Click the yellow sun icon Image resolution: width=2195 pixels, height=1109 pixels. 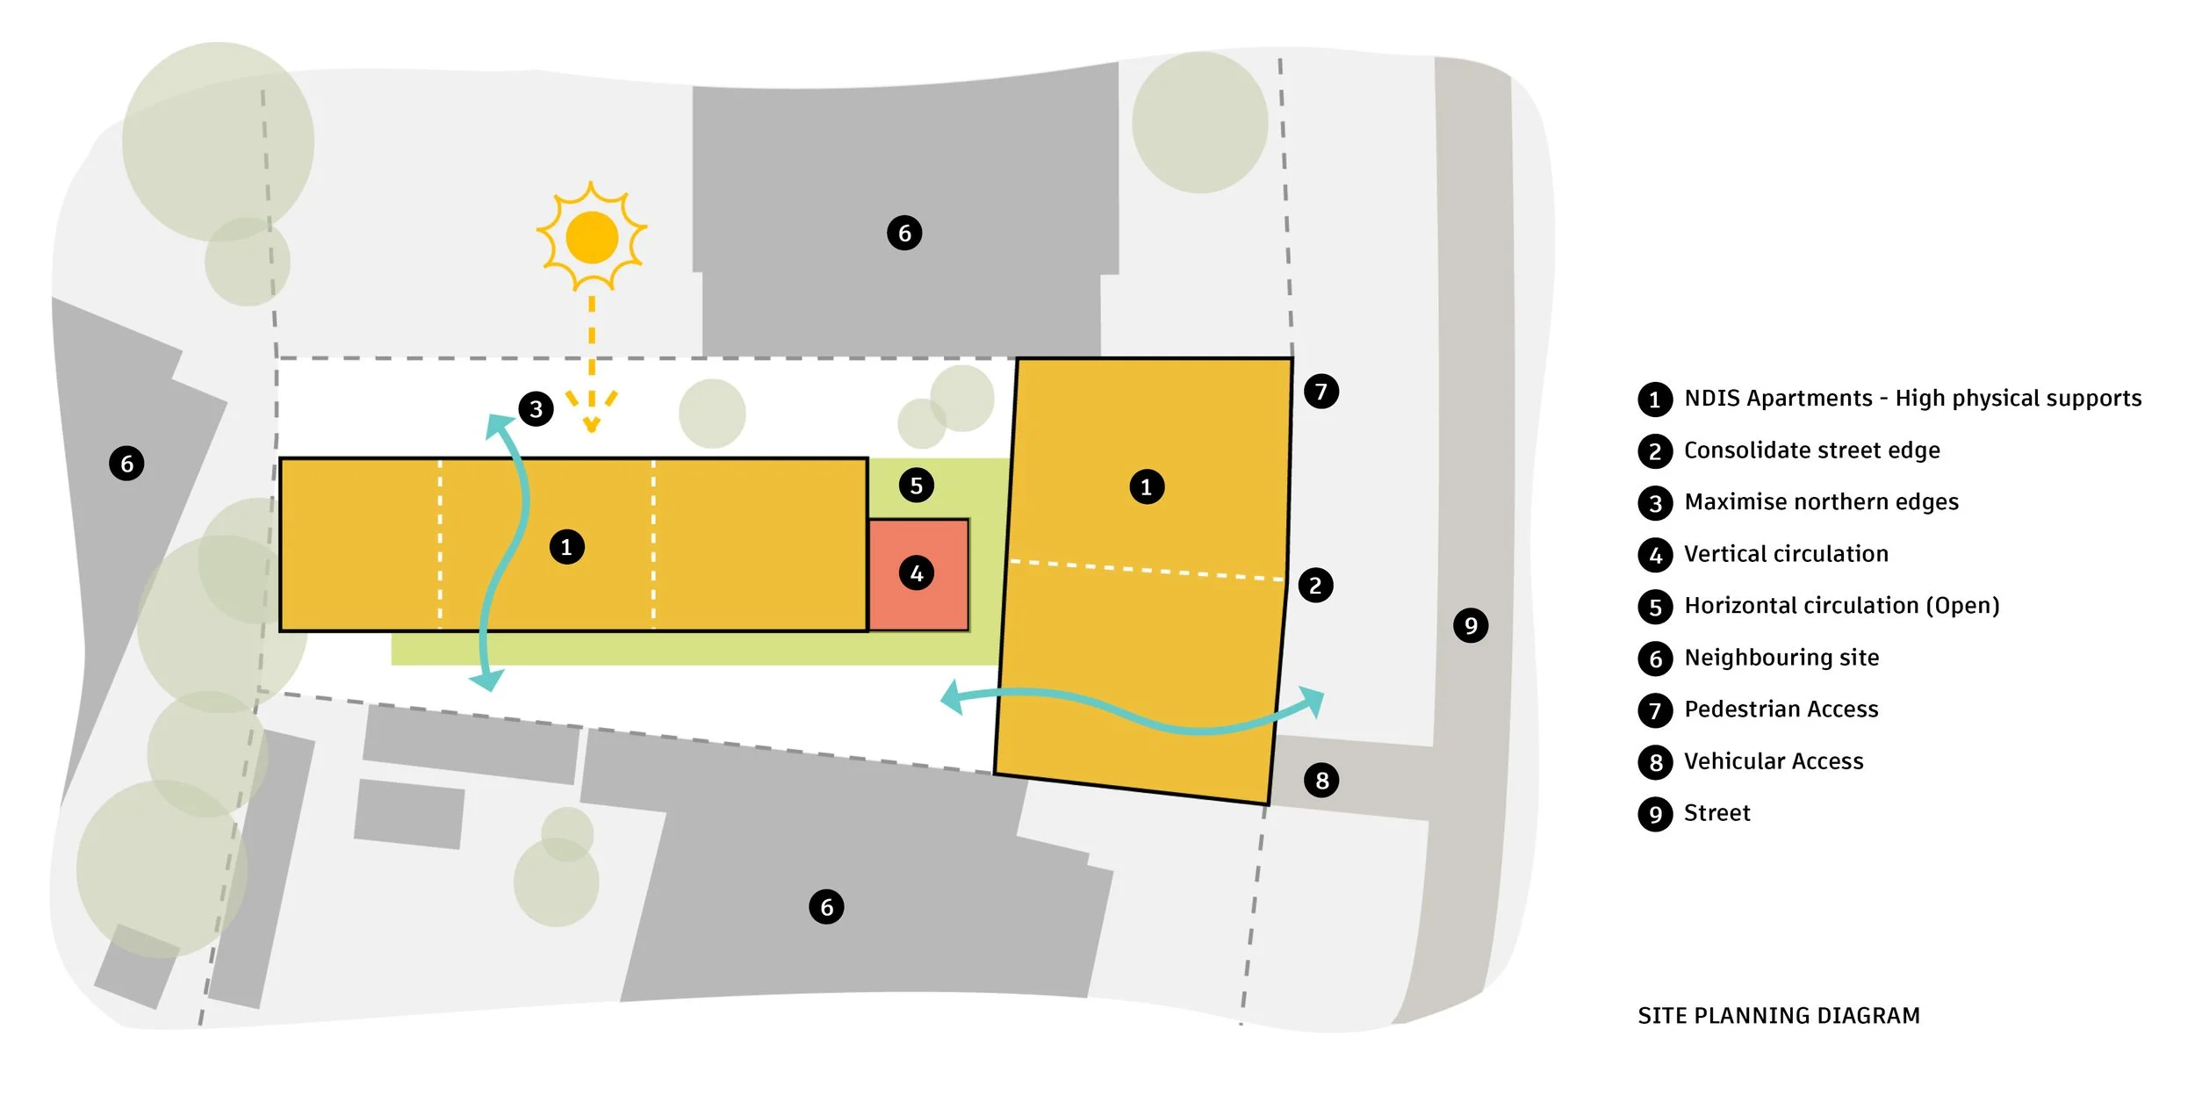592,236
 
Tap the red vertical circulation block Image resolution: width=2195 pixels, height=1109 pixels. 918,573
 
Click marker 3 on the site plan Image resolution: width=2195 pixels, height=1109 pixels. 536,408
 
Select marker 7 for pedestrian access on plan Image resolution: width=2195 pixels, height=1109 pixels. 1321,391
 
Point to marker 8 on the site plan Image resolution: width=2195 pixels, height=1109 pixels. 1321,780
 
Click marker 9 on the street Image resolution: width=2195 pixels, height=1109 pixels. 1471,625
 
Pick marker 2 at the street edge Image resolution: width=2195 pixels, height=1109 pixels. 1314,585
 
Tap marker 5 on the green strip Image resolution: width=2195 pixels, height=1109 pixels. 916,485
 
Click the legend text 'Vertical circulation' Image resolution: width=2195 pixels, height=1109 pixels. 1786,554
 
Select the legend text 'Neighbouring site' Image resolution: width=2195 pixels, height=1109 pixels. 1781,658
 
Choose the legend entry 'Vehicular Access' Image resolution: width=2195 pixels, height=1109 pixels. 1774,761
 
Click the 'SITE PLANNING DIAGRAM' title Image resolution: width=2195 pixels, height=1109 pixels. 1778,1015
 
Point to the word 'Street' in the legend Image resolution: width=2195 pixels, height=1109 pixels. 1716,813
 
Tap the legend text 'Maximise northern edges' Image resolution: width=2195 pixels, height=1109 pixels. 1821,502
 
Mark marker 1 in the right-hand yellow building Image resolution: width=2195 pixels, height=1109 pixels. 1146,486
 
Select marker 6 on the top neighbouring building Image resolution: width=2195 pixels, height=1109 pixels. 904,233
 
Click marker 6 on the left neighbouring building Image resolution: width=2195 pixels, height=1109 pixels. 126,463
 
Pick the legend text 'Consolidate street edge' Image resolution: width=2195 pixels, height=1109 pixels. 1811,450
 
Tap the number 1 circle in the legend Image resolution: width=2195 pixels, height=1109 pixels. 1655,400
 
